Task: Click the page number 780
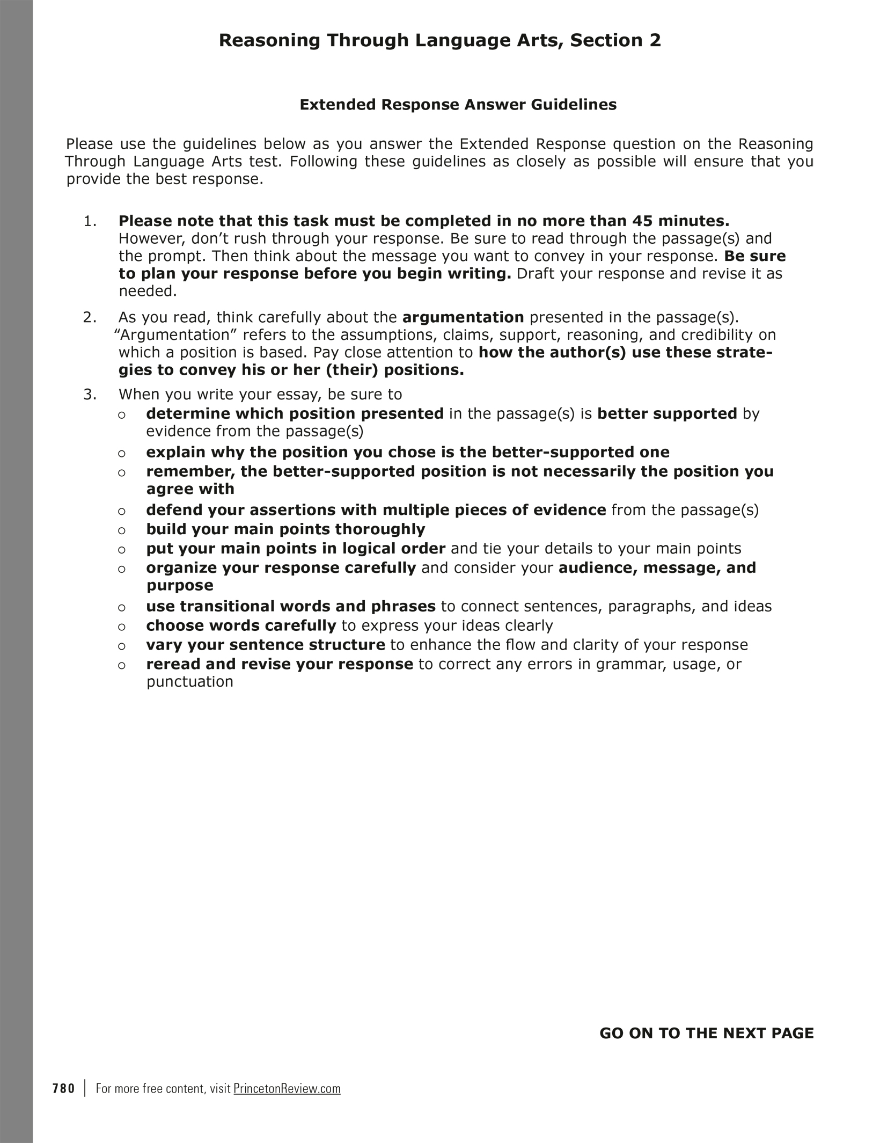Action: coord(64,1088)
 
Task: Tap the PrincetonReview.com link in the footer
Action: coord(287,1088)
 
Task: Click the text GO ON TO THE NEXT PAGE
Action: coord(706,1033)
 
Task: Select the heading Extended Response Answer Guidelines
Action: coord(458,104)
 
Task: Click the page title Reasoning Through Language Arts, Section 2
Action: coord(439,40)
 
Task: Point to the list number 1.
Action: coord(90,221)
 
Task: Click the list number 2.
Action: coord(90,317)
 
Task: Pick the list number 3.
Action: coord(90,394)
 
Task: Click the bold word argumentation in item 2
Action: coord(463,317)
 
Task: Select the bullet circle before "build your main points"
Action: coord(122,530)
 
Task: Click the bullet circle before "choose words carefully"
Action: coord(122,627)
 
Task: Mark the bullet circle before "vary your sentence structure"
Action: coord(122,646)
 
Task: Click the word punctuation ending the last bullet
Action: coord(190,682)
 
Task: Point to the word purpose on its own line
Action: coord(180,585)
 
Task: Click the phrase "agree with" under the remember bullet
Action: coord(190,489)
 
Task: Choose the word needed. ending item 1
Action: coord(148,292)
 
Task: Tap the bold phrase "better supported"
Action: coord(667,413)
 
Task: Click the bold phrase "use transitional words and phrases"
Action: coord(290,606)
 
